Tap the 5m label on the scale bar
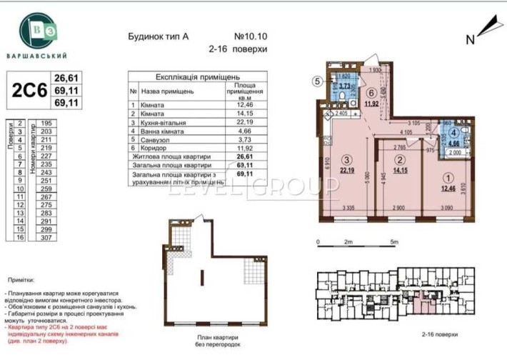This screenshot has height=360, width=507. tap(393, 242)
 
